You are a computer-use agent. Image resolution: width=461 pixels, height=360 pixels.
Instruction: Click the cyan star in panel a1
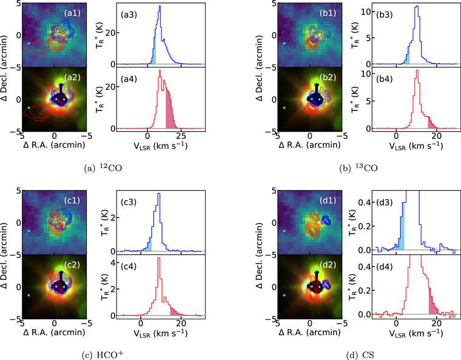(x=29, y=43)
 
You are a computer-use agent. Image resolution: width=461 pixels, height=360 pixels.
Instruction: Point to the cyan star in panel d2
(x=284, y=296)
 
